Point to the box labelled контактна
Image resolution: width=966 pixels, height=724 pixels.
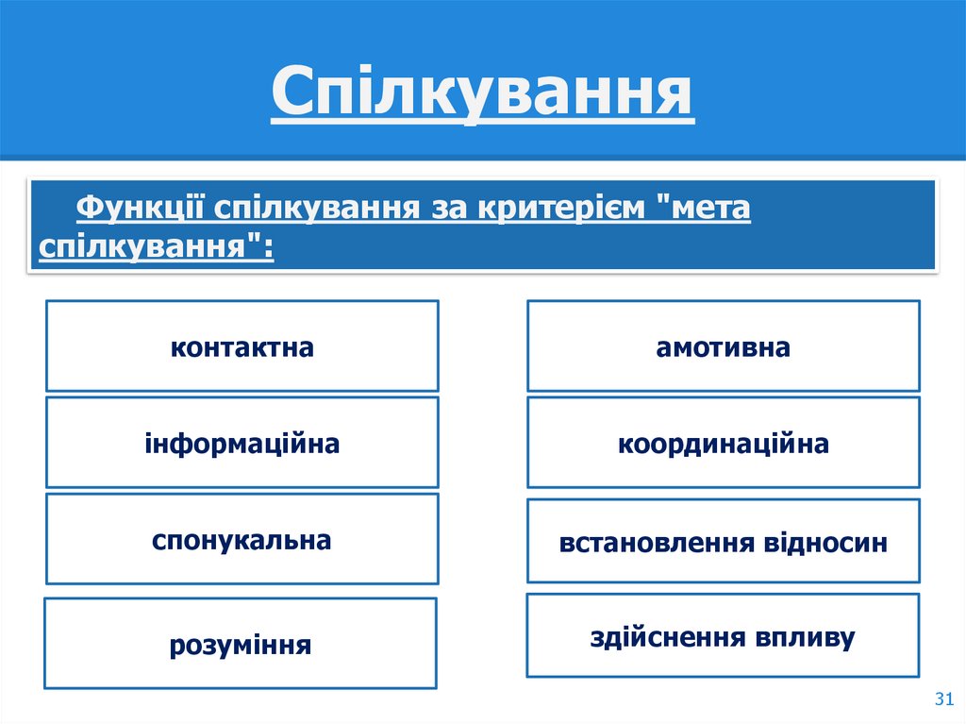241,345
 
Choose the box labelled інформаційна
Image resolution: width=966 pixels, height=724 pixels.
241,442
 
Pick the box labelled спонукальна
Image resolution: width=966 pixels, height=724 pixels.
241,539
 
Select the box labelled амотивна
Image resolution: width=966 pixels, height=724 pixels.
723,345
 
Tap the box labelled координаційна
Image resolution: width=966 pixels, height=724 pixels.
723,442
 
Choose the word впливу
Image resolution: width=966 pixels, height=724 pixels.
804,636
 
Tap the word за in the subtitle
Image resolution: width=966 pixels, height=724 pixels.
441,207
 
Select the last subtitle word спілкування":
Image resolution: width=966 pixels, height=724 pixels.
157,247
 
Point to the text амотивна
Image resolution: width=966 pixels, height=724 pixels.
723,347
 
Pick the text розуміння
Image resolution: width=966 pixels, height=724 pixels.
241,645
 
